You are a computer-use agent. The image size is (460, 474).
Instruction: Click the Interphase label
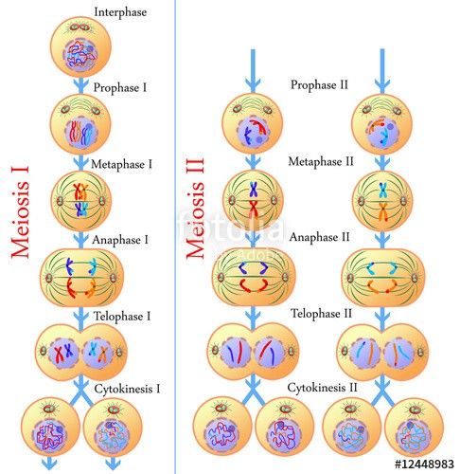[120, 12]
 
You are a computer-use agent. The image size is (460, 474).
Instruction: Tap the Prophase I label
[120, 87]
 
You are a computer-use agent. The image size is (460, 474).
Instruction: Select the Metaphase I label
[121, 164]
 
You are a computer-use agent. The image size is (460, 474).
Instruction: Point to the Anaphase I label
[120, 240]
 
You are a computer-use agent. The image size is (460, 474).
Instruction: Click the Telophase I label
[122, 317]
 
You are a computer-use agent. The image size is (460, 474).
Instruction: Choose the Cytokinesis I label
[127, 389]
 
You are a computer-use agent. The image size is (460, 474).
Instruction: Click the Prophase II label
[319, 85]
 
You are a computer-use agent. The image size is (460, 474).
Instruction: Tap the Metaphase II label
[321, 161]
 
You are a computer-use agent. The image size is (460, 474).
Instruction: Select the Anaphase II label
[319, 237]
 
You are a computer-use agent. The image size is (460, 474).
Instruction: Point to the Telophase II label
[321, 314]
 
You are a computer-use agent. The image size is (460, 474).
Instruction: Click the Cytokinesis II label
[322, 388]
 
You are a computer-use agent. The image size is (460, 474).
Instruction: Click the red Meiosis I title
[21, 211]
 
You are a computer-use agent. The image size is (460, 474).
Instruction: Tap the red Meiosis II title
[195, 209]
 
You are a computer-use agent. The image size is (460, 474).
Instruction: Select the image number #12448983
[424, 464]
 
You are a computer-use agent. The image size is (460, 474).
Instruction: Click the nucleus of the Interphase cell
[80, 56]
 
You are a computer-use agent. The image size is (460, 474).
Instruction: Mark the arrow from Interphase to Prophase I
[81, 84]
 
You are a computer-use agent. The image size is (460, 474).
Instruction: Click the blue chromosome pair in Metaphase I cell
[81, 210]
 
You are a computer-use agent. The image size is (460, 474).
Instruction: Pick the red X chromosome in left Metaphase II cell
[254, 208]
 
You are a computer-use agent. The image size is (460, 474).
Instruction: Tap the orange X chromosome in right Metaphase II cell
[382, 211]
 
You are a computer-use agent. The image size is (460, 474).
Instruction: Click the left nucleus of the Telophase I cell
[64, 352]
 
